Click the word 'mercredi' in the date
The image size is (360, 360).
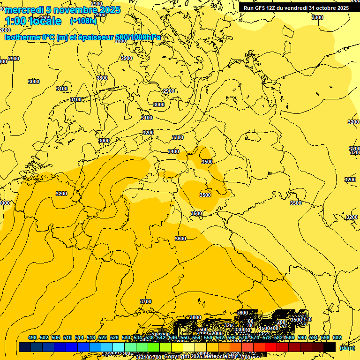coord(24,10)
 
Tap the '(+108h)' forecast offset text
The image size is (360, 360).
coord(83,21)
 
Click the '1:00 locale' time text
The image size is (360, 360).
coord(33,21)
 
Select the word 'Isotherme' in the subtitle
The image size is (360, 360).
coord(22,37)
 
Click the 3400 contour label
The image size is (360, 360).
coord(173,151)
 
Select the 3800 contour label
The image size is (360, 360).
coord(195,317)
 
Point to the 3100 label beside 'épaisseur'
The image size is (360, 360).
coord(62,89)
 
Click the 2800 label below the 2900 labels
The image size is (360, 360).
coord(102,78)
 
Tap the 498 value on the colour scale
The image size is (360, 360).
coord(32,337)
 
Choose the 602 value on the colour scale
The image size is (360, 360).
coord(337,337)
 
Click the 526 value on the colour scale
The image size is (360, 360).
coord(114,337)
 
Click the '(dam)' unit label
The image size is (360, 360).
coord(347,348)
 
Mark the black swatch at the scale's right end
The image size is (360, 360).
coord(330,347)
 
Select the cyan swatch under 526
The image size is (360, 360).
coord(118,347)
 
